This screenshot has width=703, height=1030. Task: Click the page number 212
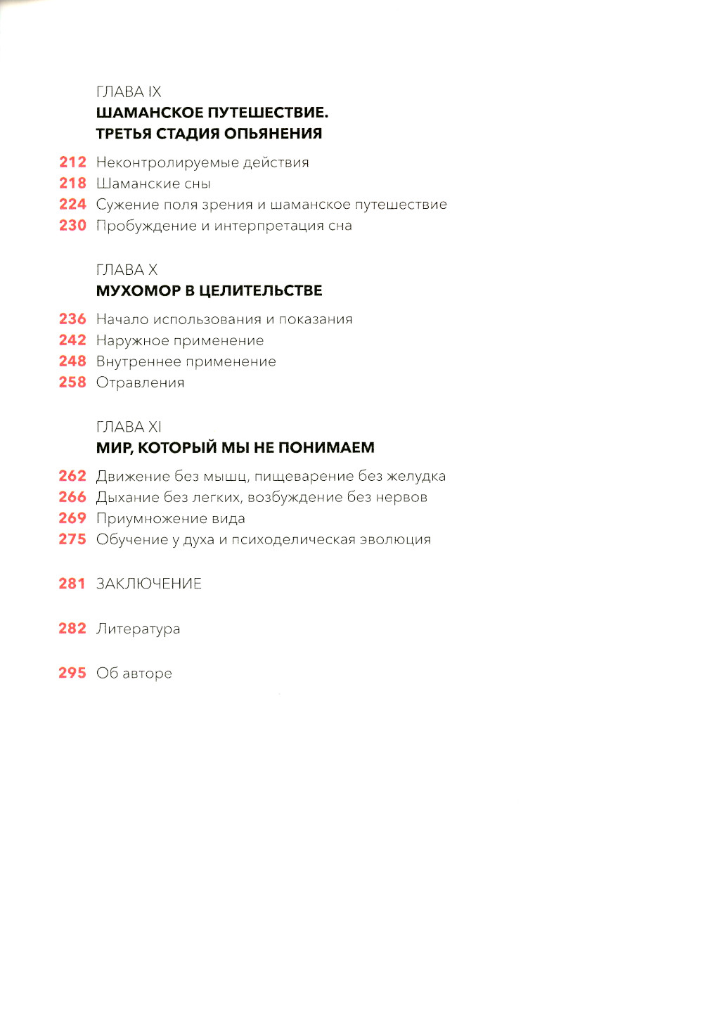(x=72, y=162)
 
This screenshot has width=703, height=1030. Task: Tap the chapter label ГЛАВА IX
(x=129, y=92)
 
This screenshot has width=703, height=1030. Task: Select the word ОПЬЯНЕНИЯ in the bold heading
(x=278, y=134)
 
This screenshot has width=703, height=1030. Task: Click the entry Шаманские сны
(x=153, y=184)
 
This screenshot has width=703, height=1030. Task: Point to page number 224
(x=72, y=205)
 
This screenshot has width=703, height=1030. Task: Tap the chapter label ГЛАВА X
(x=127, y=270)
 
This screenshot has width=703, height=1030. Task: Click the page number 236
(x=72, y=319)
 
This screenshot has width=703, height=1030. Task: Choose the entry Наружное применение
(x=180, y=341)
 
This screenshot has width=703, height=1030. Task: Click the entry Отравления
(x=140, y=383)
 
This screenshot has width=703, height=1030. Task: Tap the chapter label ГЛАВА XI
(x=129, y=427)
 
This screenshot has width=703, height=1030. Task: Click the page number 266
(x=72, y=497)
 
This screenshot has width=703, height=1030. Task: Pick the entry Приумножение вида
(x=171, y=519)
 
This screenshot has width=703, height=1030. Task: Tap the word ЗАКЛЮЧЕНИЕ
(x=149, y=584)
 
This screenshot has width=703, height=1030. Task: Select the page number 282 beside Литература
(x=72, y=629)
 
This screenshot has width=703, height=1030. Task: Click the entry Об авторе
(x=134, y=674)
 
